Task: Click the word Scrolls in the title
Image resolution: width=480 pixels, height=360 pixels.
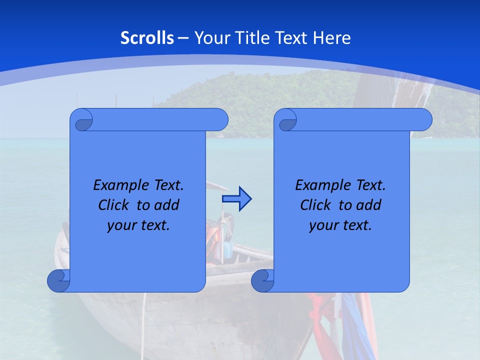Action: pyautogui.click(x=147, y=38)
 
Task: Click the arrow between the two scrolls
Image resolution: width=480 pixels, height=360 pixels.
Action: pyautogui.click(x=236, y=199)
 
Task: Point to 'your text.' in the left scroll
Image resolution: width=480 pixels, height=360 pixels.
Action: pyautogui.click(x=138, y=225)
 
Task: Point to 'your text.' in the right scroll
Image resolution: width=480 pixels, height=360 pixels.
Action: pyautogui.click(x=340, y=225)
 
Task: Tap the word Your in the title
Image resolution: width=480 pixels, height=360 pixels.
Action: pyautogui.click(x=210, y=38)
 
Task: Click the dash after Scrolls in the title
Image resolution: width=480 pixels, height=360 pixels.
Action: pyautogui.click(x=183, y=38)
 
